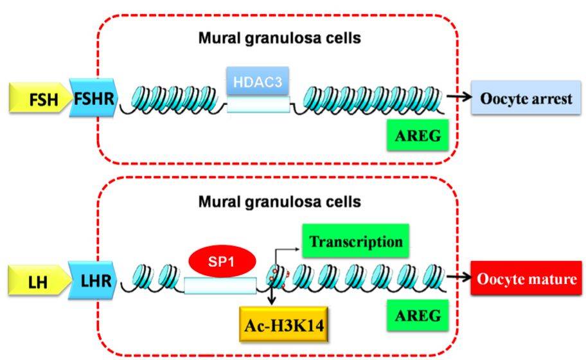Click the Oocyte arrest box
pyautogui.click(x=524, y=100)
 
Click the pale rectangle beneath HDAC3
pyautogui.click(x=258, y=105)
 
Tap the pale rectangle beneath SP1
pyautogui.click(x=220, y=284)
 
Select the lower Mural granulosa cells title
pyautogui.click(x=278, y=201)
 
